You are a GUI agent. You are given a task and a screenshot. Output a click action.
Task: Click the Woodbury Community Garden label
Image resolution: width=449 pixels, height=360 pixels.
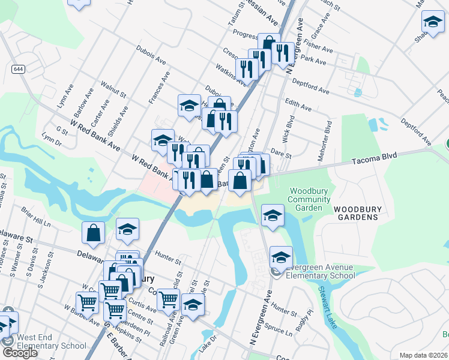(309, 199)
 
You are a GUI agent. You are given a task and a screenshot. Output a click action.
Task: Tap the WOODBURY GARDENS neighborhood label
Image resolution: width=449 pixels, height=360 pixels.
(357, 213)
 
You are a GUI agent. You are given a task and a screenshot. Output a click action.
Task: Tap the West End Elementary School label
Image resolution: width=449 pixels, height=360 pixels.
(52, 341)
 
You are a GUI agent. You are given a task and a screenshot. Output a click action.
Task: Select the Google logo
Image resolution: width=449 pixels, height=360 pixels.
(19, 353)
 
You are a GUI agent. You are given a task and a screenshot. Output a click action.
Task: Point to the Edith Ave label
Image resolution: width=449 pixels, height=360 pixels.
(298, 104)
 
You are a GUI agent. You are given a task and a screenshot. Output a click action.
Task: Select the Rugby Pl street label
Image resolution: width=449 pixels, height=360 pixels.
(309, 315)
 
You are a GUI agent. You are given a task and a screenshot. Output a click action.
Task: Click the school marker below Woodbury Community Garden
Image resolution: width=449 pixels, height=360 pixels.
(273, 215)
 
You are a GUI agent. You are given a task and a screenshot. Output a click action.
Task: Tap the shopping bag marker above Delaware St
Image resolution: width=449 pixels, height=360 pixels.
(95, 232)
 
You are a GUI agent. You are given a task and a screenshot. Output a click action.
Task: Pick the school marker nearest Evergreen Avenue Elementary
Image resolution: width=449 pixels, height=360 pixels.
(280, 256)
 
